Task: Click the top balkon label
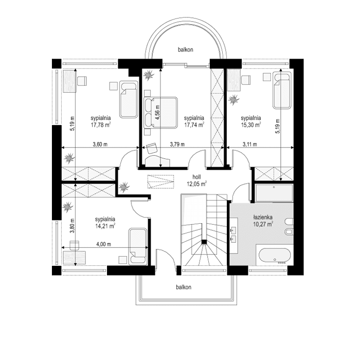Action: (x=186, y=50)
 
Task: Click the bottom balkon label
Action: (x=183, y=287)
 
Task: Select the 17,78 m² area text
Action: (x=102, y=124)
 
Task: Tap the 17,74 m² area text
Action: (x=194, y=124)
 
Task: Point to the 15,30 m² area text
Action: (x=250, y=124)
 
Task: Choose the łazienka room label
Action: (x=262, y=217)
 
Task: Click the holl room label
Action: (x=196, y=176)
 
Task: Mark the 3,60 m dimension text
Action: (x=100, y=145)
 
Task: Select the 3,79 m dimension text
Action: (x=178, y=145)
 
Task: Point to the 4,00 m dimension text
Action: (x=103, y=244)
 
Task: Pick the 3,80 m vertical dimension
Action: (x=72, y=227)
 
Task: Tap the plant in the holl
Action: (x=123, y=187)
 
